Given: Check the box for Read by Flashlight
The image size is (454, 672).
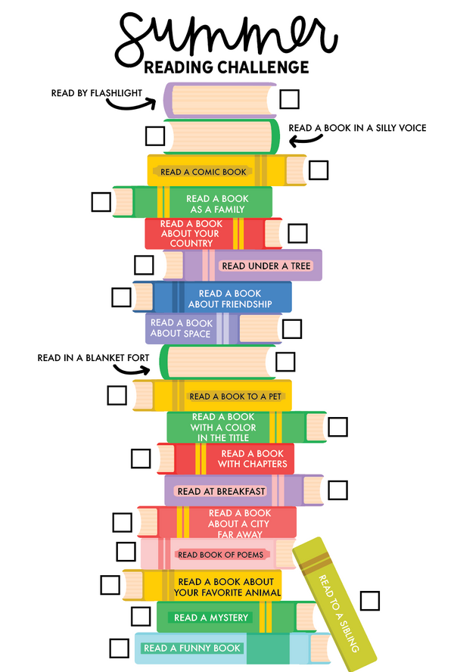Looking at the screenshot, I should point(289,98).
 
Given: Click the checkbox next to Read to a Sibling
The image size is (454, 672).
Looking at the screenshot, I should point(370,600).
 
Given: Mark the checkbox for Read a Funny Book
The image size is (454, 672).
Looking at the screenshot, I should point(119,648).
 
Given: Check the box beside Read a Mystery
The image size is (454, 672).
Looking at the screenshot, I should point(141,615).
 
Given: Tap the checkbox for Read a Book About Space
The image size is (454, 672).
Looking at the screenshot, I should point(291,328).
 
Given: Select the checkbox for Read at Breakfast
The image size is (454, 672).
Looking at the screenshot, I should point(337,490).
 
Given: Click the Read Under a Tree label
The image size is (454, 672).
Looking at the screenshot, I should point(265,266).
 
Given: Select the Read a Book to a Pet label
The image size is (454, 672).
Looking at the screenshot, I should point(236,396).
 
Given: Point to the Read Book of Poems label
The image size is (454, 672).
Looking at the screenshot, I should point(220,555).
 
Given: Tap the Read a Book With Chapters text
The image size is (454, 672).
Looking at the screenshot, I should point(253,459).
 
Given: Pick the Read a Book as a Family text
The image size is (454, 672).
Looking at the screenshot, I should point(218,204).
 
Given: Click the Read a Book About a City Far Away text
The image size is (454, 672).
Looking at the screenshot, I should point(236,523).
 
